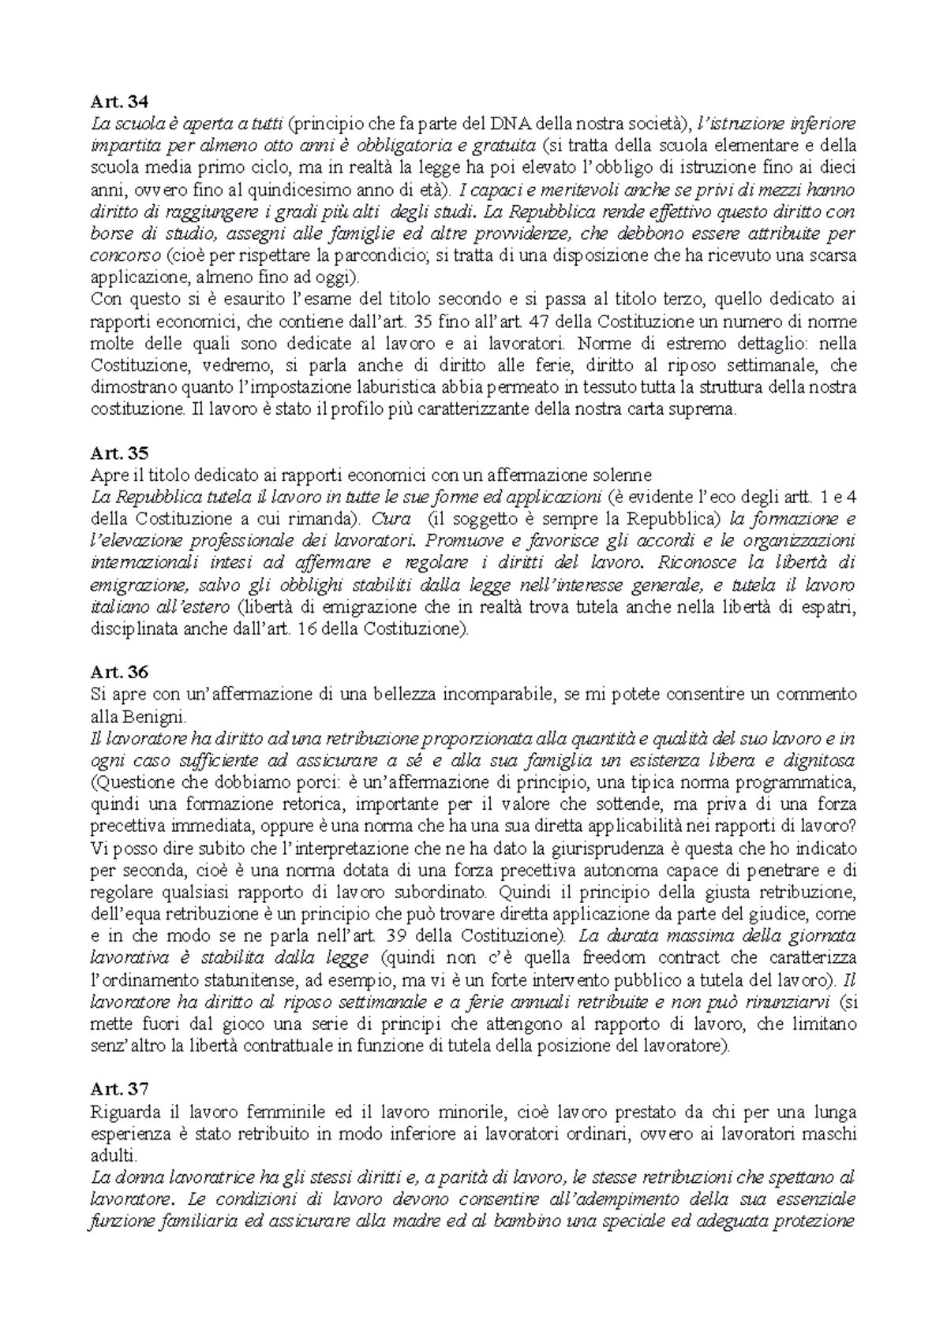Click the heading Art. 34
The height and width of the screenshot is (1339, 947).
119,101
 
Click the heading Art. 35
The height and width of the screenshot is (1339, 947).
119,453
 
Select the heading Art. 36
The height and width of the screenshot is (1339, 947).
119,673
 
